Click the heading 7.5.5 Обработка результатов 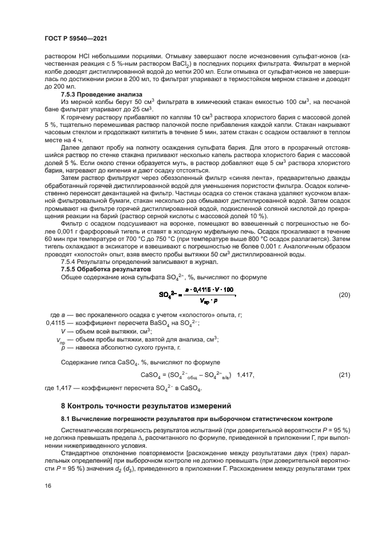tap(106, 268)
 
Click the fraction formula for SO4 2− tap(197, 295)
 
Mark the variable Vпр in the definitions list tap(60, 339)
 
